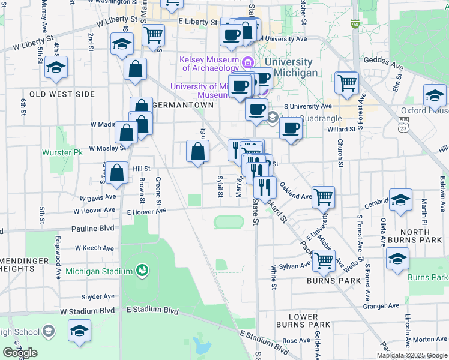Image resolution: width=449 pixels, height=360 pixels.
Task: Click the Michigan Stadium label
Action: point(99,272)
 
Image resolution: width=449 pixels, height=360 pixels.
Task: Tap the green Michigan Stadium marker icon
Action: point(142,271)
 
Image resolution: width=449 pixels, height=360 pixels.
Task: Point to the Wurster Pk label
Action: point(62,153)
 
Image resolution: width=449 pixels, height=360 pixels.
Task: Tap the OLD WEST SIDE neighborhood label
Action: point(58,94)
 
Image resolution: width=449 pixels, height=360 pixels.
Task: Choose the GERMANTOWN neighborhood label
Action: point(183,104)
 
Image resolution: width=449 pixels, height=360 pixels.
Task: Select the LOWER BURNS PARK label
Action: point(303,320)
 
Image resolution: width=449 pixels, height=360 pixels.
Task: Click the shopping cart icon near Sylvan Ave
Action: point(324,260)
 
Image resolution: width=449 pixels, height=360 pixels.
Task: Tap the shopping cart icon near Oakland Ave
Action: point(324,196)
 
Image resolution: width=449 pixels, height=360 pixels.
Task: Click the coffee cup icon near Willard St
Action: point(291,128)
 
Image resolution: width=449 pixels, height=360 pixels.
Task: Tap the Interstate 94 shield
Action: point(355,25)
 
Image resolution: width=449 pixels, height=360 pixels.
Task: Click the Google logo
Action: point(19,353)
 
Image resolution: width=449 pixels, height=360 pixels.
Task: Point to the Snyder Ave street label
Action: point(98,296)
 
